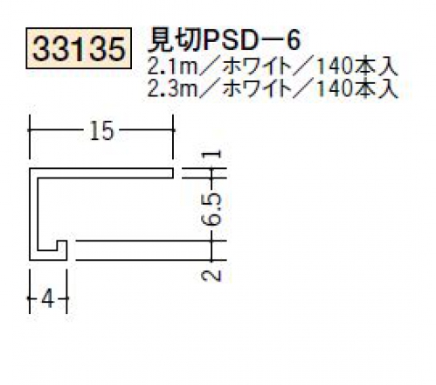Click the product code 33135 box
pos(79,48)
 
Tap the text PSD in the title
pos(231,41)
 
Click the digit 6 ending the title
pos(293,41)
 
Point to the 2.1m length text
pos(172,66)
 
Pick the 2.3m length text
pos(172,88)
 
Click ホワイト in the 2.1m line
pos(258,66)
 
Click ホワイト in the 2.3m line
pos(258,88)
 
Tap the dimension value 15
pos(101,130)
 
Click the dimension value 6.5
pos(212,209)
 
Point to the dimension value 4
pos(48,298)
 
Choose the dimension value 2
pos(212,276)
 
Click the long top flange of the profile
pos(102,173)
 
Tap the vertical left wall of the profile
pos(33,214)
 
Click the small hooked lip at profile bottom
pos(62,250)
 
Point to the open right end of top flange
pos(174,173)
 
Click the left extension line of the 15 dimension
pos(30,137)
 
